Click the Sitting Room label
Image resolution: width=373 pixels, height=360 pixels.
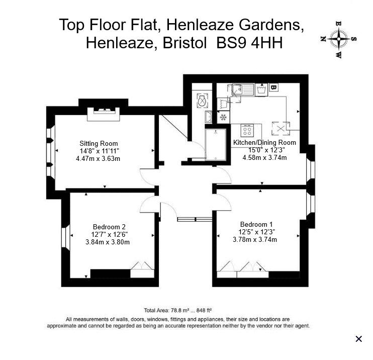coord(99,143)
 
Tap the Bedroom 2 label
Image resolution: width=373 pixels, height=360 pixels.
coord(109,227)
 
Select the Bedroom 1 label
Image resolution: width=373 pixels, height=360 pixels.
coord(256,224)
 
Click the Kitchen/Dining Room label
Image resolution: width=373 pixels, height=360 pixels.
coord(264,142)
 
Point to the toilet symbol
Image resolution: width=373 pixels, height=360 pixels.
coord(203,101)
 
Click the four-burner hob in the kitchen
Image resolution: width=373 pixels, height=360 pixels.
coord(247,130)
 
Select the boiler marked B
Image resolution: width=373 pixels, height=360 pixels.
coord(273,87)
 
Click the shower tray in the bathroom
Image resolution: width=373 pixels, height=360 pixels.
coord(216,144)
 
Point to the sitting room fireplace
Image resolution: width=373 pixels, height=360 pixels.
coord(103,114)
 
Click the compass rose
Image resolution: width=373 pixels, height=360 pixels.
coord(338,39)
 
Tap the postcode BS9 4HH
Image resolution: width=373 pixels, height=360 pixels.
coord(249,44)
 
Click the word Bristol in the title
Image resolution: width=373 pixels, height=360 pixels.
coord(184,44)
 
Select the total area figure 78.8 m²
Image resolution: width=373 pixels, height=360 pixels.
coord(179,310)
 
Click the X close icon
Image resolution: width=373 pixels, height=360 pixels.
coord(359,338)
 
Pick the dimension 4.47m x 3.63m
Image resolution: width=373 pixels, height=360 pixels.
coord(98,158)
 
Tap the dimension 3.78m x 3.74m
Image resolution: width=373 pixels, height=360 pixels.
coord(255,239)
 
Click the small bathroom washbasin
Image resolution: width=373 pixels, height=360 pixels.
coord(209,117)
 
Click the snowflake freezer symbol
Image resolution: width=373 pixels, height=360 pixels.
coord(223,117)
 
